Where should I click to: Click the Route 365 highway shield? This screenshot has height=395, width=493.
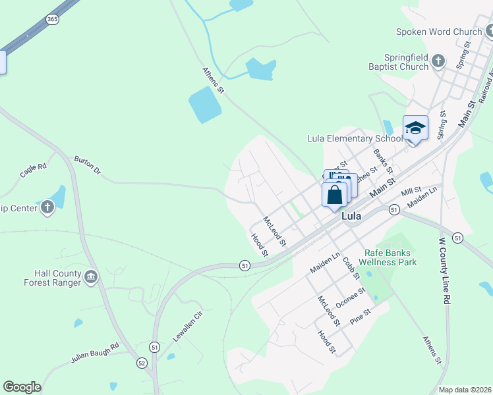(x=53, y=20)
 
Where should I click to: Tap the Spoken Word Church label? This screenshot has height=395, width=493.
(x=439, y=31)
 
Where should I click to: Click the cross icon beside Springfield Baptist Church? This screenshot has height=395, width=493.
(x=440, y=62)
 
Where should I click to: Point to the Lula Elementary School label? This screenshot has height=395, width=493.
(x=355, y=138)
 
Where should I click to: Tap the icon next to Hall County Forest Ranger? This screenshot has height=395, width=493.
(x=91, y=277)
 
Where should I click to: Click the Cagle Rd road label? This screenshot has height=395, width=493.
(x=33, y=171)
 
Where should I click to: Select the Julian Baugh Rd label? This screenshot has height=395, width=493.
(x=94, y=354)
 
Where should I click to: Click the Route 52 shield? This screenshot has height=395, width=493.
(x=142, y=363)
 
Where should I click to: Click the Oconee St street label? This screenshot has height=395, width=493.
(x=350, y=297)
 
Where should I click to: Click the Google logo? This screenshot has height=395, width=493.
(x=22, y=387)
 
